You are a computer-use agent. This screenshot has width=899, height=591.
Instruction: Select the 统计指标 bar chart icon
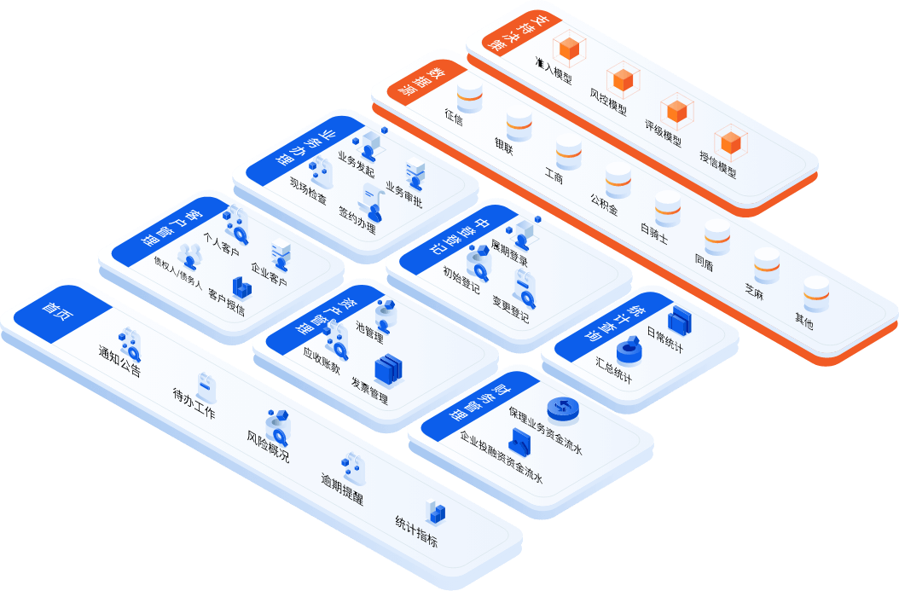point(436,511)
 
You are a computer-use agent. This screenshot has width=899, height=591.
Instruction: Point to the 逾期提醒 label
point(342,489)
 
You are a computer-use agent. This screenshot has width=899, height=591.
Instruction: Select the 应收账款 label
point(322,362)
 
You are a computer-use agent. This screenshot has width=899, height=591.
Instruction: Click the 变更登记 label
point(510,309)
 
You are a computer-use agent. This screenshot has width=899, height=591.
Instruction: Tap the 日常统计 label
point(664,340)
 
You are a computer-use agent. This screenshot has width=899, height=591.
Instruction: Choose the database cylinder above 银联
point(519,125)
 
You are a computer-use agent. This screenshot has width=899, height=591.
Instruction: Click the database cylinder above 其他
point(816,292)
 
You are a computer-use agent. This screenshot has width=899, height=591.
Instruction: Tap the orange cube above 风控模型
point(624,79)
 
